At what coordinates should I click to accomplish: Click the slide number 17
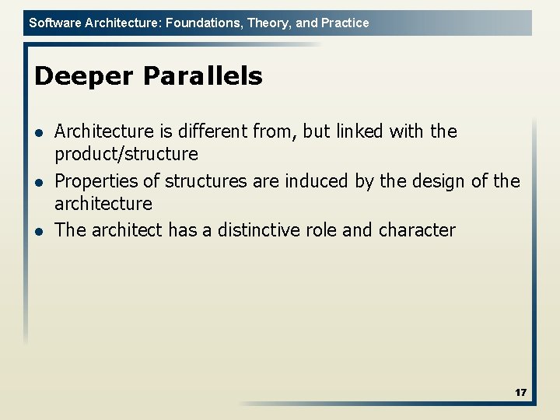pyautogui.click(x=520, y=393)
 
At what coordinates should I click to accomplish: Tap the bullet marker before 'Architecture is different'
pyautogui.click(x=40, y=133)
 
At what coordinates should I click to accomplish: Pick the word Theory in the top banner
pyautogui.click(x=267, y=23)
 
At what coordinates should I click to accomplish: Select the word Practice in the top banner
pyautogui.click(x=345, y=23)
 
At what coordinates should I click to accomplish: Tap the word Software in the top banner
pyautogui.click(x=53, y=23)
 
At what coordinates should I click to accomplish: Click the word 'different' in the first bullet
pyautogui.click(x=210, y=131)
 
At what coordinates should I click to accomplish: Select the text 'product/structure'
pyautogui.click(x=126, y=154)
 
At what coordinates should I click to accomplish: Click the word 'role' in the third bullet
pyautogui.click(x=323, y=230)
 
